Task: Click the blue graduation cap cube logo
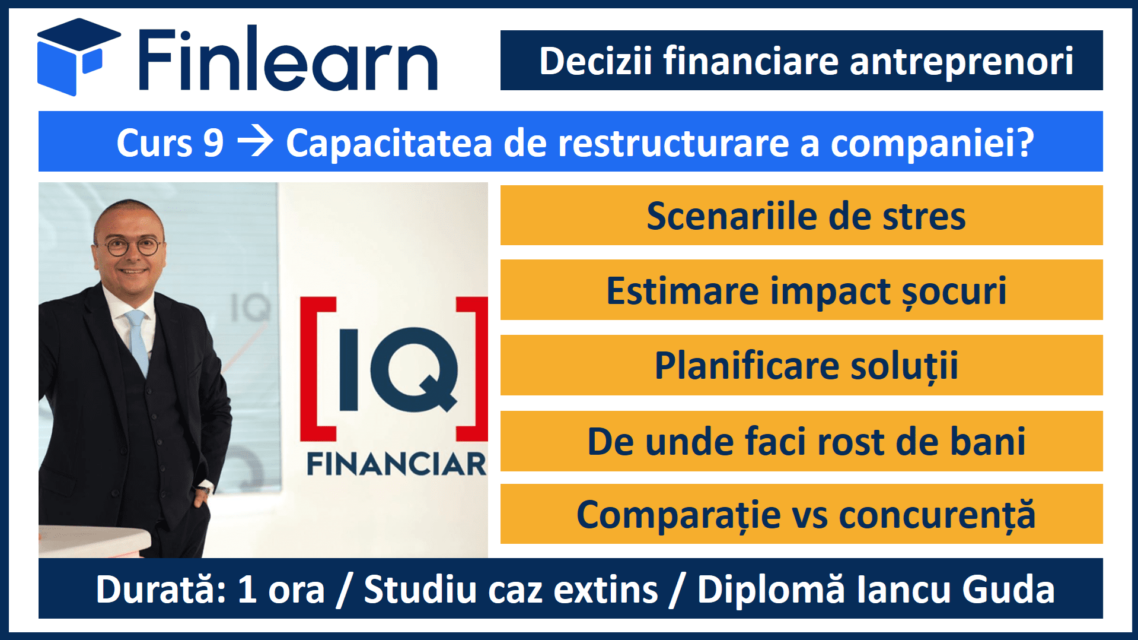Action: click(77, 56)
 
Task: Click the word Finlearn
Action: click(288, 59)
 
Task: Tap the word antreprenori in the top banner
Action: click(961, 62)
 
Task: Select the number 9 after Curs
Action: click(213, 143)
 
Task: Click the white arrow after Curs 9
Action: click(255, 142)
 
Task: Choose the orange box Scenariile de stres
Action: click(801, 215)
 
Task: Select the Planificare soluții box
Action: click(801, 365)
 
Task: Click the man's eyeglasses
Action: click(133, 246)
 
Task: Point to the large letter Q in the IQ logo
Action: click(415, 369)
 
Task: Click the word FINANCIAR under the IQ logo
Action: click(396, 464)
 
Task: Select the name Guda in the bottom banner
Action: click(1008, 590)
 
